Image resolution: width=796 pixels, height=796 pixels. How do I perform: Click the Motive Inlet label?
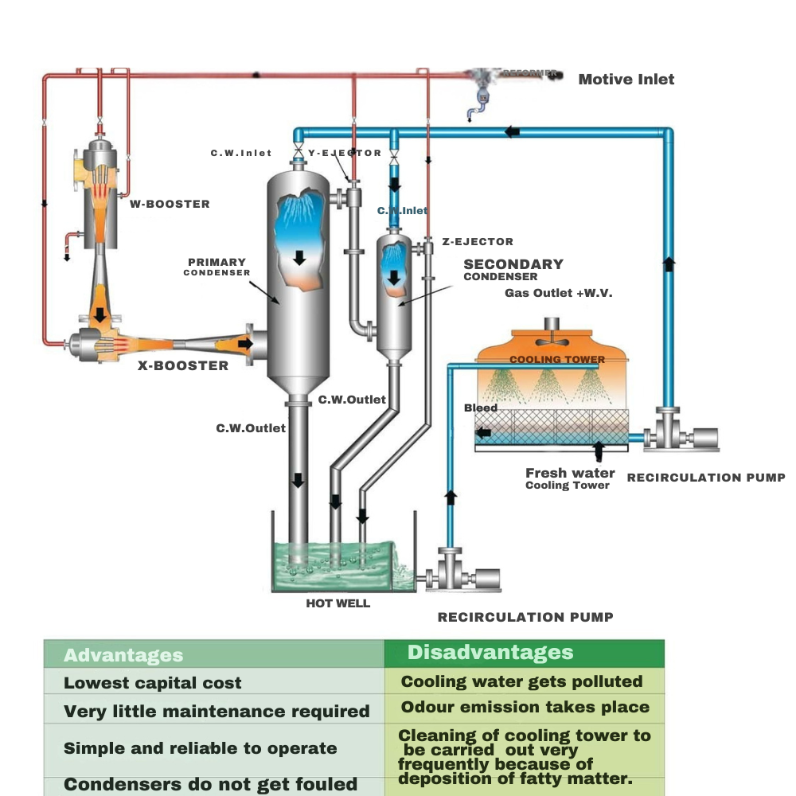pos(626,79)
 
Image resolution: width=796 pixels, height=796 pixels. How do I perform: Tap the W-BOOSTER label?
pos(170,204)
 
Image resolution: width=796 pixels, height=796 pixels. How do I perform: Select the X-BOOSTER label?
pos(183,366)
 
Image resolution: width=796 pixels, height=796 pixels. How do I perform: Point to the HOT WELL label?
pos(338,603)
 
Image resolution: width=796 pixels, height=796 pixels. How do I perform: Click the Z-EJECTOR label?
pos(478,241)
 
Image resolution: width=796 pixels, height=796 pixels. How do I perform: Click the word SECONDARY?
pos(513,264)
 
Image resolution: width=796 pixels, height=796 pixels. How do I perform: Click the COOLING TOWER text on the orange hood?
pos(556,359)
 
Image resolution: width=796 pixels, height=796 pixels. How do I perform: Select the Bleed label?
pos(481,408)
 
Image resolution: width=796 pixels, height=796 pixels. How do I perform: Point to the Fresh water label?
pos(570,473)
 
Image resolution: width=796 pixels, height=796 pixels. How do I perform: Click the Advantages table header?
pos(123,656)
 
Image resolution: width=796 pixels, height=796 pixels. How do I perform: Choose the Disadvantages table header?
pos(490,653)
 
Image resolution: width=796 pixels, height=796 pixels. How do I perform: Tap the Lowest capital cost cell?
pos(153,683)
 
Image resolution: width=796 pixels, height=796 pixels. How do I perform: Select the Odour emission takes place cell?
pos(525,707)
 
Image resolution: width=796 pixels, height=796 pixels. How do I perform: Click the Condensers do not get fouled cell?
pos(210,785)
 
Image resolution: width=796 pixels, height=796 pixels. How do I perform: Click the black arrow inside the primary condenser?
pos(299,258)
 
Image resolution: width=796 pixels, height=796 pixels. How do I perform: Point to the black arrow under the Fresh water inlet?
pos(599,453)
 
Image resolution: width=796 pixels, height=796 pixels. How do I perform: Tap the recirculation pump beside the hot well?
pos(462,579)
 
